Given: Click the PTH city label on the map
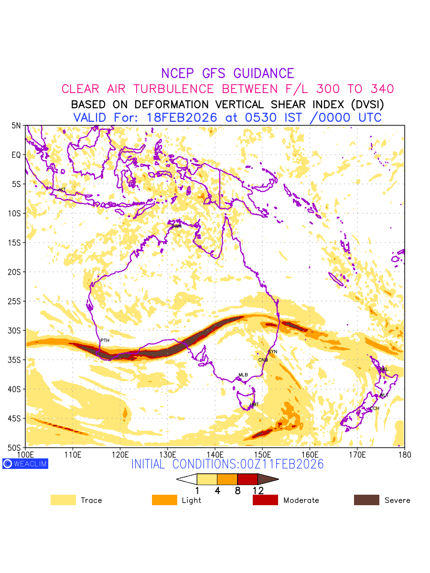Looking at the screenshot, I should click(105, 340).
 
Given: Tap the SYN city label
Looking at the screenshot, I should click(273, 351).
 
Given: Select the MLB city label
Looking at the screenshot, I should click(243, 375).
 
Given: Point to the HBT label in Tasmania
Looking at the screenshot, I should click(254, 404).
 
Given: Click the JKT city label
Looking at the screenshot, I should click(62, 190).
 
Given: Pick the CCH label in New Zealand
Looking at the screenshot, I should click(375, 408).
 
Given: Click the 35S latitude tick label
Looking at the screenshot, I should click(16, 360).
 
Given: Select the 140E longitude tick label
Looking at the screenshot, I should click(215, 454).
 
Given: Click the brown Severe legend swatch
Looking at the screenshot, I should click(366, 500).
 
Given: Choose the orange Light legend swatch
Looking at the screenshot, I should click(164, 500).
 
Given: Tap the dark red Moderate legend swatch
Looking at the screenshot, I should click(265, 500).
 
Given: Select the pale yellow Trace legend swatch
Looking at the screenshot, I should click(63, 500).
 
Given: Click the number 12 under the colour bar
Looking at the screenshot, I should click(258, 490).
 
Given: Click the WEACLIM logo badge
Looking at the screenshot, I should click(25, 464).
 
